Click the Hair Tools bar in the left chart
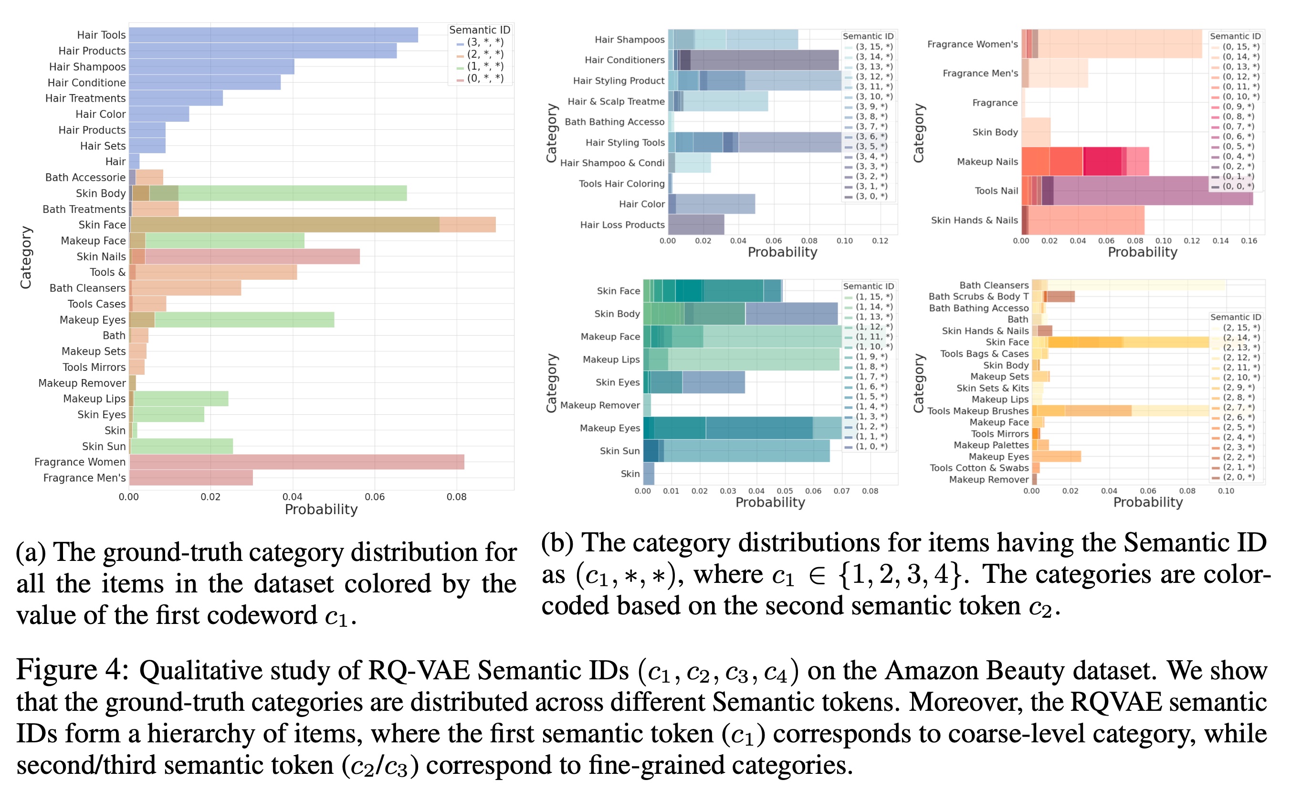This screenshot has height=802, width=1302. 273,35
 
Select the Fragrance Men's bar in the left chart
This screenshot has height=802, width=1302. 191,478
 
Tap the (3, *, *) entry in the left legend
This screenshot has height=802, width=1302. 484,42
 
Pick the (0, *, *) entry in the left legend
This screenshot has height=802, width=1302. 484,78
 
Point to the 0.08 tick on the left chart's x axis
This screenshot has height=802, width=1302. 456,497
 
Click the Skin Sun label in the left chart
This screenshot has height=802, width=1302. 104,447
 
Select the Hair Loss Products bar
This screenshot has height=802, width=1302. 696,225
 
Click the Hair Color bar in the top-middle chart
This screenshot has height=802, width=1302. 712,204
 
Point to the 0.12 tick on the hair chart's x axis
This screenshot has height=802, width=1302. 880,241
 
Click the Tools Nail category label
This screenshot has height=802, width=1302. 996,191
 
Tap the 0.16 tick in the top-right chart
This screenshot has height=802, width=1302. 1249,241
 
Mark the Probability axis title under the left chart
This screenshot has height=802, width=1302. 321,510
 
